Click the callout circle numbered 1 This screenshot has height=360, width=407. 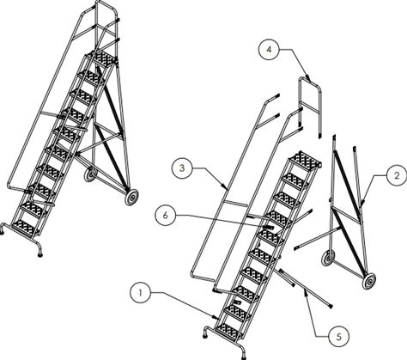click(140, 293)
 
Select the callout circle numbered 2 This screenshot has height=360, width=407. click(397, 176)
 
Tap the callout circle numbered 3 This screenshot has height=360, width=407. click(182, 168)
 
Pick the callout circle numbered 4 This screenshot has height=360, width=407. click(269, 50)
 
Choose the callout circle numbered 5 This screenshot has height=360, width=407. click(339, 337)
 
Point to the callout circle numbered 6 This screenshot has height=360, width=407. click(166, 216)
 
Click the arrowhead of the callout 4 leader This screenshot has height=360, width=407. click(308, 78)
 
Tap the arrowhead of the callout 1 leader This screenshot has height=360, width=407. click(216, 317)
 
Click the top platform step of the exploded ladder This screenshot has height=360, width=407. click(305, 160)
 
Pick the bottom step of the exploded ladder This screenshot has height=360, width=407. click(228, 332)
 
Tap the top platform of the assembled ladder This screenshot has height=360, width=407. click(102, 59)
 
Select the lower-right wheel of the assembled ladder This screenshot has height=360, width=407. click(131, 198)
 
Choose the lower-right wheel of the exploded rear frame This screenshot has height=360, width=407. click(368, 281)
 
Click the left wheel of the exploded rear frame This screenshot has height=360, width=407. click(328, 258)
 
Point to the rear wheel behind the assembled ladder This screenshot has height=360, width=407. click(91, 174)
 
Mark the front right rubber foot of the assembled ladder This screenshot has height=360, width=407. click(40, 253)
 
